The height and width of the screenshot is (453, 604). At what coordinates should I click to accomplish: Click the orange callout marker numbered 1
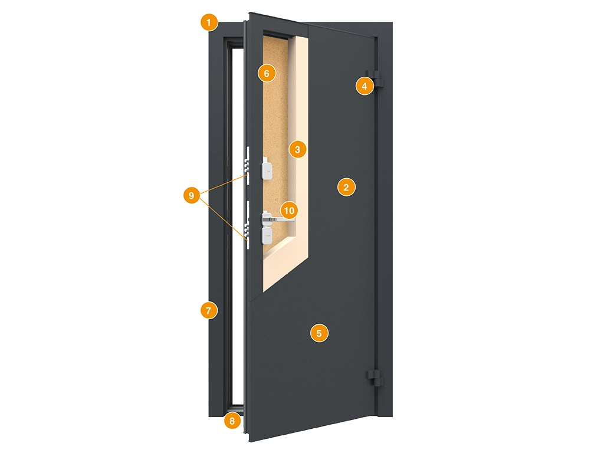209,23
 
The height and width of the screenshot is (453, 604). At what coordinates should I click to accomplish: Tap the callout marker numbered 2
346,187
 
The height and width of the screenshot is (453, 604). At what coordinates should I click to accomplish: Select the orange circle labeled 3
297,149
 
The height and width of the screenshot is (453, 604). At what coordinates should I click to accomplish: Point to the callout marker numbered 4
365,86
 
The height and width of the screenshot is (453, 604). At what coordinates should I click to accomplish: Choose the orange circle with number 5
319,333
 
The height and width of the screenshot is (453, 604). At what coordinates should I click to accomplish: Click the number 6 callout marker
267,73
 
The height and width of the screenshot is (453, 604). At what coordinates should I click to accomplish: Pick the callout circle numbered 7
209,310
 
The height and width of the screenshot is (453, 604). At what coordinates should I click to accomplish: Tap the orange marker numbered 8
232,421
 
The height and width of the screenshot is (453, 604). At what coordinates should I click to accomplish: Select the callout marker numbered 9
192,196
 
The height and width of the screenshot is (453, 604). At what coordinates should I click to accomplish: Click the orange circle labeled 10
289,211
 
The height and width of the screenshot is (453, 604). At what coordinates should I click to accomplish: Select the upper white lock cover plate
267,168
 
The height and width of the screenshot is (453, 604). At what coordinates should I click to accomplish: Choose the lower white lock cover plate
267,235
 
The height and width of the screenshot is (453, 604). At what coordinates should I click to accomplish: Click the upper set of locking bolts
246,165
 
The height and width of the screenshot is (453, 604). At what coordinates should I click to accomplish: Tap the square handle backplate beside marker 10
266,219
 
